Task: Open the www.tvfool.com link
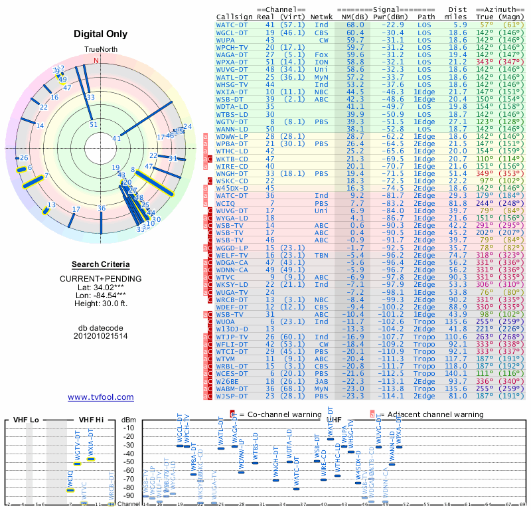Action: click(100, 397)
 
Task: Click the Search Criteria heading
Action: click(100, 264)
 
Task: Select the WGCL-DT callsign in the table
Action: click(232, 33)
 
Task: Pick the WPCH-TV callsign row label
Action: click(232, 47)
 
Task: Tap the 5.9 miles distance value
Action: click(459, 25)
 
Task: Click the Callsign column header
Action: click(234, 17)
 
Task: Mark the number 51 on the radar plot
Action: click(94, 124)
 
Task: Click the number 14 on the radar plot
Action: click(40, 126)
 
